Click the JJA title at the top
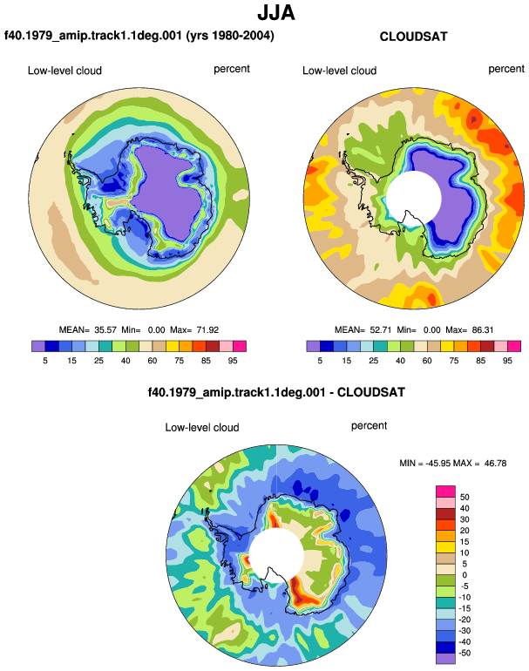(x=276, y=13)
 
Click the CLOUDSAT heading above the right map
(x=413, y=37)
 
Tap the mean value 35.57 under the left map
(x=105, y=330)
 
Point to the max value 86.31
(x=482, y=330)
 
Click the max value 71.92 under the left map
(x=207, y=330)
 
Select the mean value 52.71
(x=381, y=330)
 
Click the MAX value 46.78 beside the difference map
(x=495, y=463)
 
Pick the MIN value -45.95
(x=438, y=463)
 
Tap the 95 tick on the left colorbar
(x=233, y=361)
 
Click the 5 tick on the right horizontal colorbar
(x=320, y=361)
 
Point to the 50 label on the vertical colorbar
(x=465, y=497)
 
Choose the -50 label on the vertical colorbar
(x=465, y=653)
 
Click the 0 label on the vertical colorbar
(x=465, y=575)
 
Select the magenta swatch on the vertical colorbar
(x=445, y=491)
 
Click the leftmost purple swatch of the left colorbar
(x=38, y=346)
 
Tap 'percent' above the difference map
(x=369, y=426)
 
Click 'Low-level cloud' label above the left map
(x=64, y=71)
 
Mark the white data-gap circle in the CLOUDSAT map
(x=414, y=198)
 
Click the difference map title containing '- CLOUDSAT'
(x=276, y=392)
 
